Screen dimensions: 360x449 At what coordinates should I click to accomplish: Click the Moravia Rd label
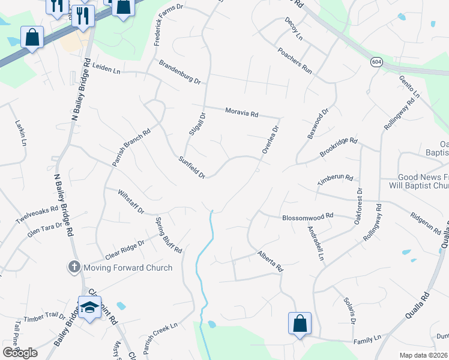click(241, 112)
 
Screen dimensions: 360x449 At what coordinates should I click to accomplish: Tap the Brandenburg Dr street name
click(179, 71)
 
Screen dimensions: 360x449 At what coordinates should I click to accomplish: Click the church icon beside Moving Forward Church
click(74, 267)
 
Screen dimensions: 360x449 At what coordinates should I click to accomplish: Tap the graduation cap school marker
click(90, 308)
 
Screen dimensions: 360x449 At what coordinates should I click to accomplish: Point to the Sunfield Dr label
click(192, 167)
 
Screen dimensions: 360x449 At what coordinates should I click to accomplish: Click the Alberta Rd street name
click(270, 262)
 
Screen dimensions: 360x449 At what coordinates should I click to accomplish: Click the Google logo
click(20, 352)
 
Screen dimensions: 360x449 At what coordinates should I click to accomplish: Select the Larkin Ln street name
click(20, 133)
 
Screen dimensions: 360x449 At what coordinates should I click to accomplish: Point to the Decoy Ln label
click(294, 29)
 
